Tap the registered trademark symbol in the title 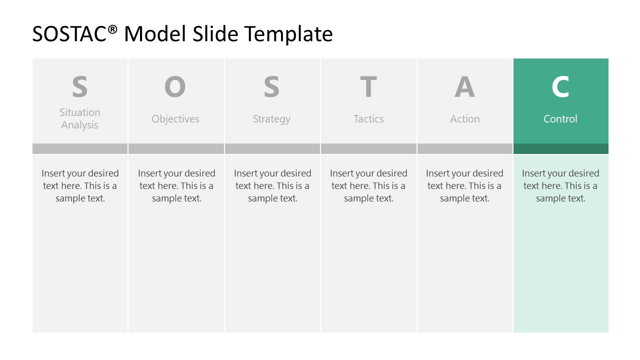click(x=113, y=30)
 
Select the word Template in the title click(x=288, y=34)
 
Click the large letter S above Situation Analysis click(x=80, y=87)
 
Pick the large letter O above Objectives click(x=175, y=87)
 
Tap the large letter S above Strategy click(x=271, y=87)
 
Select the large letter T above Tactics click(x=368, y=87)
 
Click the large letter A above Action click(x=464, y=87)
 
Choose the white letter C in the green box click(x=560, y=87)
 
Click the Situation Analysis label click(x=80, y=119)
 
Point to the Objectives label click(x=175, y=119)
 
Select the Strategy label click(x=271, y=119)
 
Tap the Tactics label click(x=368, y=119)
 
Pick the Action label click(x=465, y=119)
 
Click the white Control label click(x=560, y=119)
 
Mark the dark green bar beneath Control click(x=561, y=149)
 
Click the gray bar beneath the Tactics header click(x=368, y=149)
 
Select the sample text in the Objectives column click(x=176, y=186)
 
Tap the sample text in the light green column click(x=560, y=186)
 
